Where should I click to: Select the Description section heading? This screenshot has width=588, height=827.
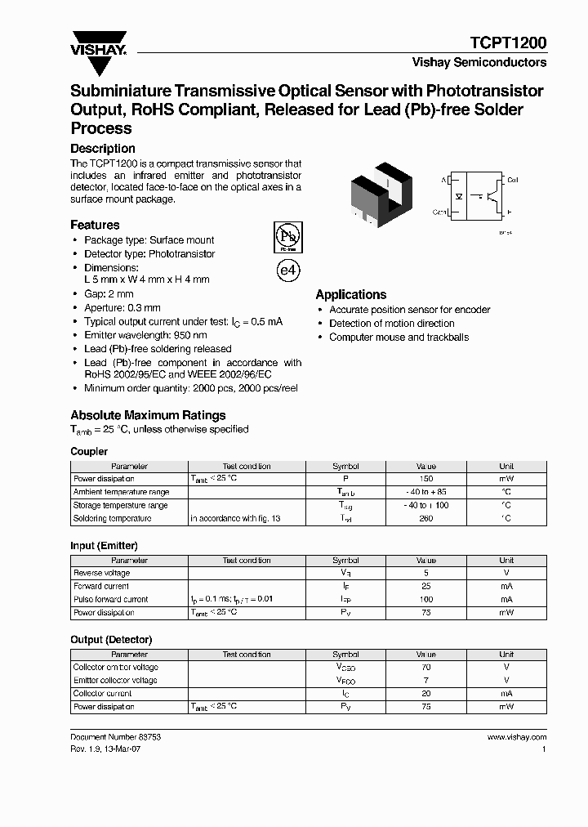[x=103, y=149]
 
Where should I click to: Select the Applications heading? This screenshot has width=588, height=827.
[x=351, y=295]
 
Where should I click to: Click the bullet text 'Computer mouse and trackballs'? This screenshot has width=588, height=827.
[x=399, y=338]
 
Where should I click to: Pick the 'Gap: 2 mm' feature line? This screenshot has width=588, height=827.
[x=109, y=294]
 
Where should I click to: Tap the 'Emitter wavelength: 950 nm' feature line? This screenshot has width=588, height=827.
[x=145, y=335]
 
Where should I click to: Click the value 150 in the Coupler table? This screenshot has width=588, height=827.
[x=426, y=479]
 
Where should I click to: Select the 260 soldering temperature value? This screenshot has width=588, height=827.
[x=426, y=518]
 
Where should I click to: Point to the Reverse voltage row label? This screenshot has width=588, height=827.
[x=101, y=573]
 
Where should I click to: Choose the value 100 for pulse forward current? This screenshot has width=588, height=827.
[x=426, y=599]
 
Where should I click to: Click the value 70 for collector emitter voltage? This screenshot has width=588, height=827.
[x=426, y=667]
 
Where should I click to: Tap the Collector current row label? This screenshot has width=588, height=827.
[x=104, y=693]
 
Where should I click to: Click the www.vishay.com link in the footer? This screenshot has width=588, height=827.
[x=516, y=737]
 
